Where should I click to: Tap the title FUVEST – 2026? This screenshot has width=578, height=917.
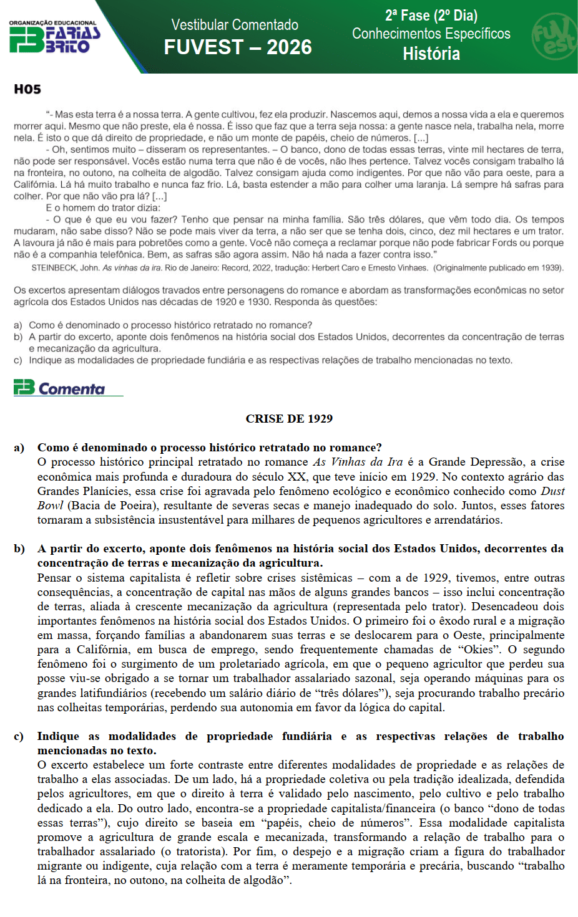tap(238, 47)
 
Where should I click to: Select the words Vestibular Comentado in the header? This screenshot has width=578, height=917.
tap(235, 25)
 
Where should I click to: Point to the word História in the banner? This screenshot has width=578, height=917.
tap(431, 54)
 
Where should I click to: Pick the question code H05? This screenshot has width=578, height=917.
tap(27, 89)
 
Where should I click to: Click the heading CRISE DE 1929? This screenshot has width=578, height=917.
tap(289, 419)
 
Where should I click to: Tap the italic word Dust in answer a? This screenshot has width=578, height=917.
tap(552, 491)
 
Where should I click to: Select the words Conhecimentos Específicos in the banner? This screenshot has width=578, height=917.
tap(431, 34)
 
